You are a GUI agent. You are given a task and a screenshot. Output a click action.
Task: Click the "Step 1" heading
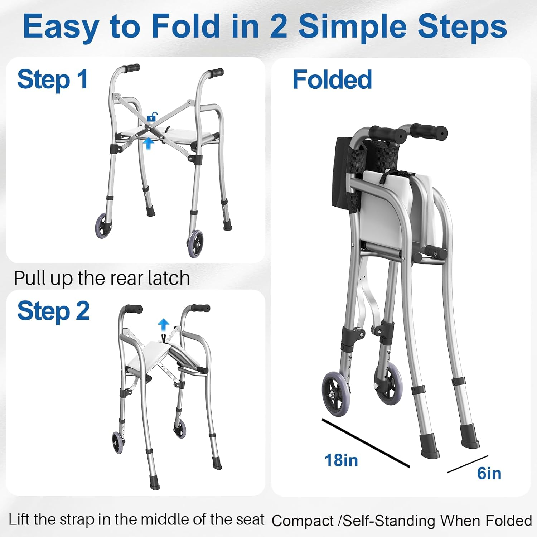(x=53, y=79)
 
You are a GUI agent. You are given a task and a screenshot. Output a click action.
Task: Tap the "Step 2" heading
(x=53, y=311)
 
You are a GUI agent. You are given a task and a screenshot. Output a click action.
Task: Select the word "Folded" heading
(x=332, y=79)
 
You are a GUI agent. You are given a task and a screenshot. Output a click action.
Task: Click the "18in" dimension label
(x=341, y=460)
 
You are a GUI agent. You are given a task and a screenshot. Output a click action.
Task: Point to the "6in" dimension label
(x=489, y=473)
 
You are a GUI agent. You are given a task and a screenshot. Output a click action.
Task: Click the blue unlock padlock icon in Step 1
(x=152, y=117)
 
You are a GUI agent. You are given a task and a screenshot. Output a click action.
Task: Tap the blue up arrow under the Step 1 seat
(x=149, y=144)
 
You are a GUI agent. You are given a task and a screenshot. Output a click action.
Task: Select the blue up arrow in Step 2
(x=164, y=325)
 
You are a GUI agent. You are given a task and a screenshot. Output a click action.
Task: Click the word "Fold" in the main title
(x=185, y=26)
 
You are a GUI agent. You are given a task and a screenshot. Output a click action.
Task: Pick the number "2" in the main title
(x=278, y=26)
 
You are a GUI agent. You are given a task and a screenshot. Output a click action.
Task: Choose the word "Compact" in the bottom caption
(x=303, y=521)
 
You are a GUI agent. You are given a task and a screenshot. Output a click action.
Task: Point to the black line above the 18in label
(x=366, y=443)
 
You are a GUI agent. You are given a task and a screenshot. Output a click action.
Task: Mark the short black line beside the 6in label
(x=468, y=464)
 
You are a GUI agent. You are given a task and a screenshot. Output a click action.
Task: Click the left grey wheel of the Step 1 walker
(x=103, y=226)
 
